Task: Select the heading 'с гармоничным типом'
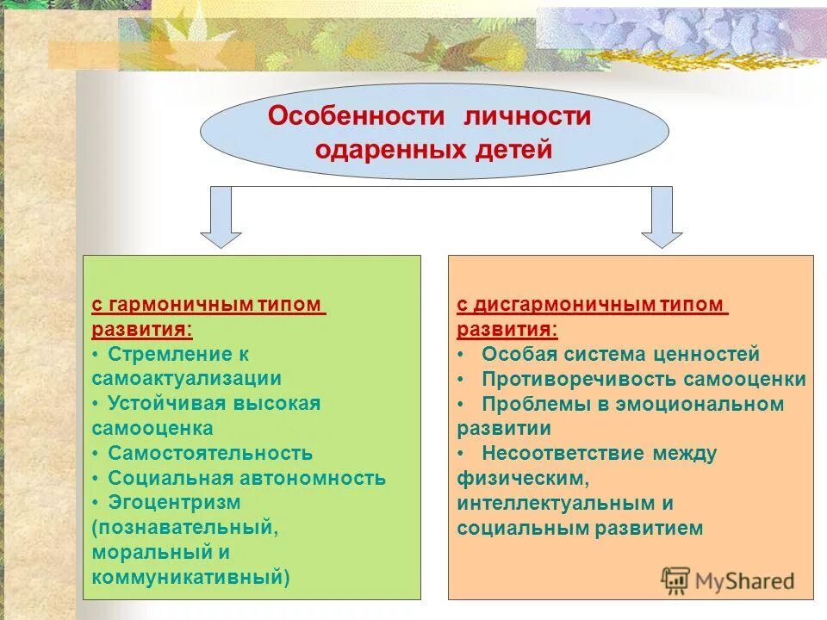pyautogui.click(x=208, y=306)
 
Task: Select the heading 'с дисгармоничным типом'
pyautogui.click(x=593, y=306)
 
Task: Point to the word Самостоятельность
pyautogui.click(x=210, y=453)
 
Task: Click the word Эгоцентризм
pyautogui.click(x=174, y=501)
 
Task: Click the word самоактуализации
pyautogui.click(x=187, y=378)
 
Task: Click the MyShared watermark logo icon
pyautogui.click(x=675, y=580)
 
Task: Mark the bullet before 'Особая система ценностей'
pyautogui.click(x=462, y=354)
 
